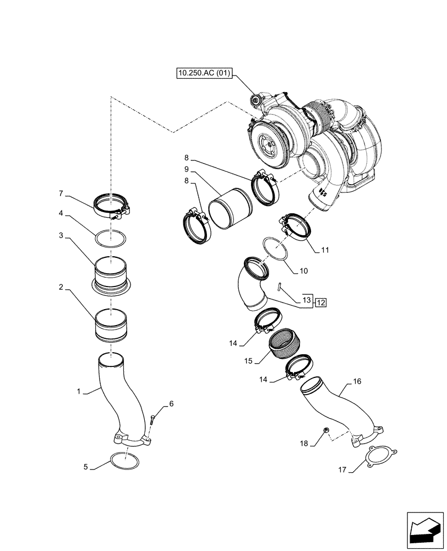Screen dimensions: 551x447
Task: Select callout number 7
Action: tap(61, 193)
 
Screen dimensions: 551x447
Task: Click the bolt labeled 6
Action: tap(152, 421)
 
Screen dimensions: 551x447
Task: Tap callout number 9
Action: tap(187, 169)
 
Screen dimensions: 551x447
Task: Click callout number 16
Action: tap(357, 381)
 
